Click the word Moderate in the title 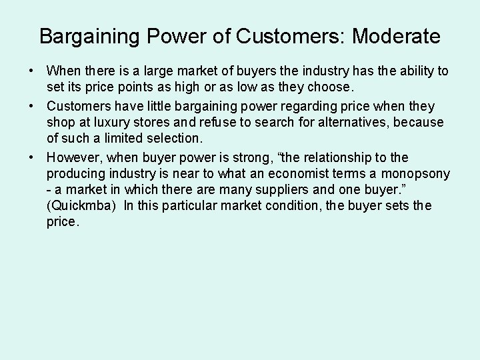396,36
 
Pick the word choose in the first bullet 330,87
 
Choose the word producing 76,174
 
